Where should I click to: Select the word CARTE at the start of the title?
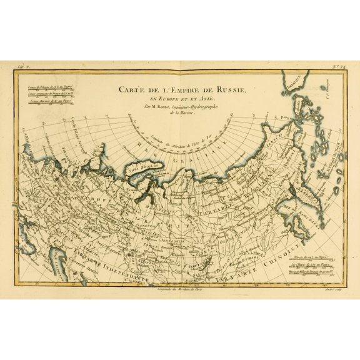click(x=134, y=89)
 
